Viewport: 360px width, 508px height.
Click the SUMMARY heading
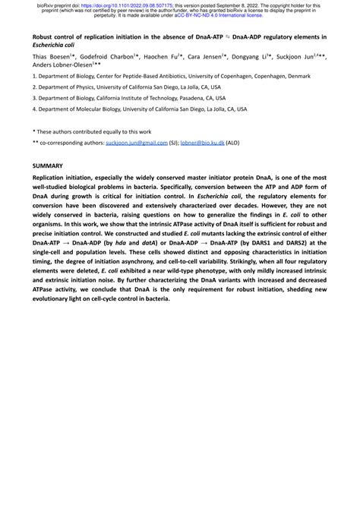point(48,165)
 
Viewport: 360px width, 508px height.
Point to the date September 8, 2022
point(257,5)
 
